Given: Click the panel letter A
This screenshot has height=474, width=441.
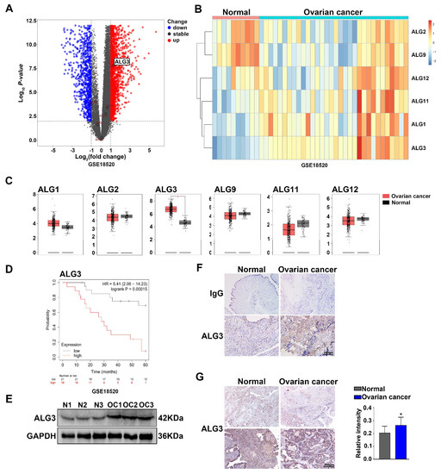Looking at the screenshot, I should coord(9,10).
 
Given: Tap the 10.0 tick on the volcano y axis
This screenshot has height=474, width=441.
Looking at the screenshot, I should coord(28,43).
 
